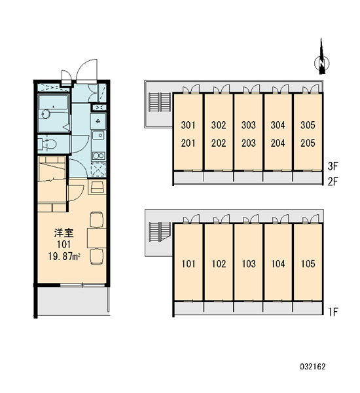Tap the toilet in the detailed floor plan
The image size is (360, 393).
tap(48, 144)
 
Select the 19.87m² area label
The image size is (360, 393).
tap(64, 256)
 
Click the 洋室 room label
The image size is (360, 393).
tap(64, 233)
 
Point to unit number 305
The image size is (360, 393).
tap(308, 125)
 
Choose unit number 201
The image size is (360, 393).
tap(188, 143)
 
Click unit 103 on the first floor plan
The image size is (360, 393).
tap(249, 264)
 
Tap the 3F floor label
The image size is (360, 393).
tap(333, 166)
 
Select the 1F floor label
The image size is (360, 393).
tap(333, 312)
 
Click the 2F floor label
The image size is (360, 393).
tap(333, 181)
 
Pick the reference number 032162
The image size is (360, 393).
tap(313, 367)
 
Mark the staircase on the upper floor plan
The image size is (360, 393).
tap(160, 102)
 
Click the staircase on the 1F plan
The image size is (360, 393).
tap(160, 232)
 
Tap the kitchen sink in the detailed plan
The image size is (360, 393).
tap(98, 136)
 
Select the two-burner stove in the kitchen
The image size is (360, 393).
tap(98, 156)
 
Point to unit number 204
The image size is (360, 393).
tap(278, 143)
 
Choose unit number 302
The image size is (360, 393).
tap(219, 125)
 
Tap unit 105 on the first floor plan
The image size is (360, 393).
tap(308, 264)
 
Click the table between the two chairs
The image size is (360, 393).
tap(97, 238)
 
